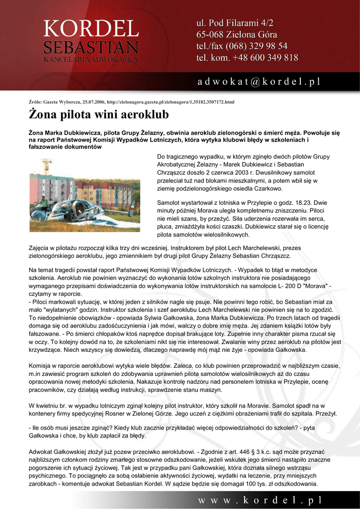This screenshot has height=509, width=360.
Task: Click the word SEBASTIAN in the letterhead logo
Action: click(90, 48)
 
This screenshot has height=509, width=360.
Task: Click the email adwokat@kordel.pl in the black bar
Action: click(259, 81)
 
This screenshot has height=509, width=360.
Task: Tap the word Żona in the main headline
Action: click(45, 115)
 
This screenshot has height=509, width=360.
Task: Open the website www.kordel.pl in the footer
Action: click(260, 500)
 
